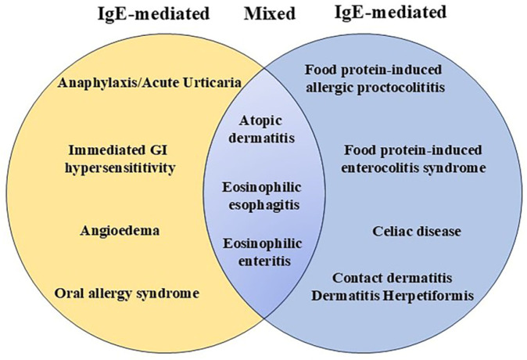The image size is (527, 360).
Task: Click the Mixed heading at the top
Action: [x=264, y=13]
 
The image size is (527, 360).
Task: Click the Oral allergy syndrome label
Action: [x=127, y=293]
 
